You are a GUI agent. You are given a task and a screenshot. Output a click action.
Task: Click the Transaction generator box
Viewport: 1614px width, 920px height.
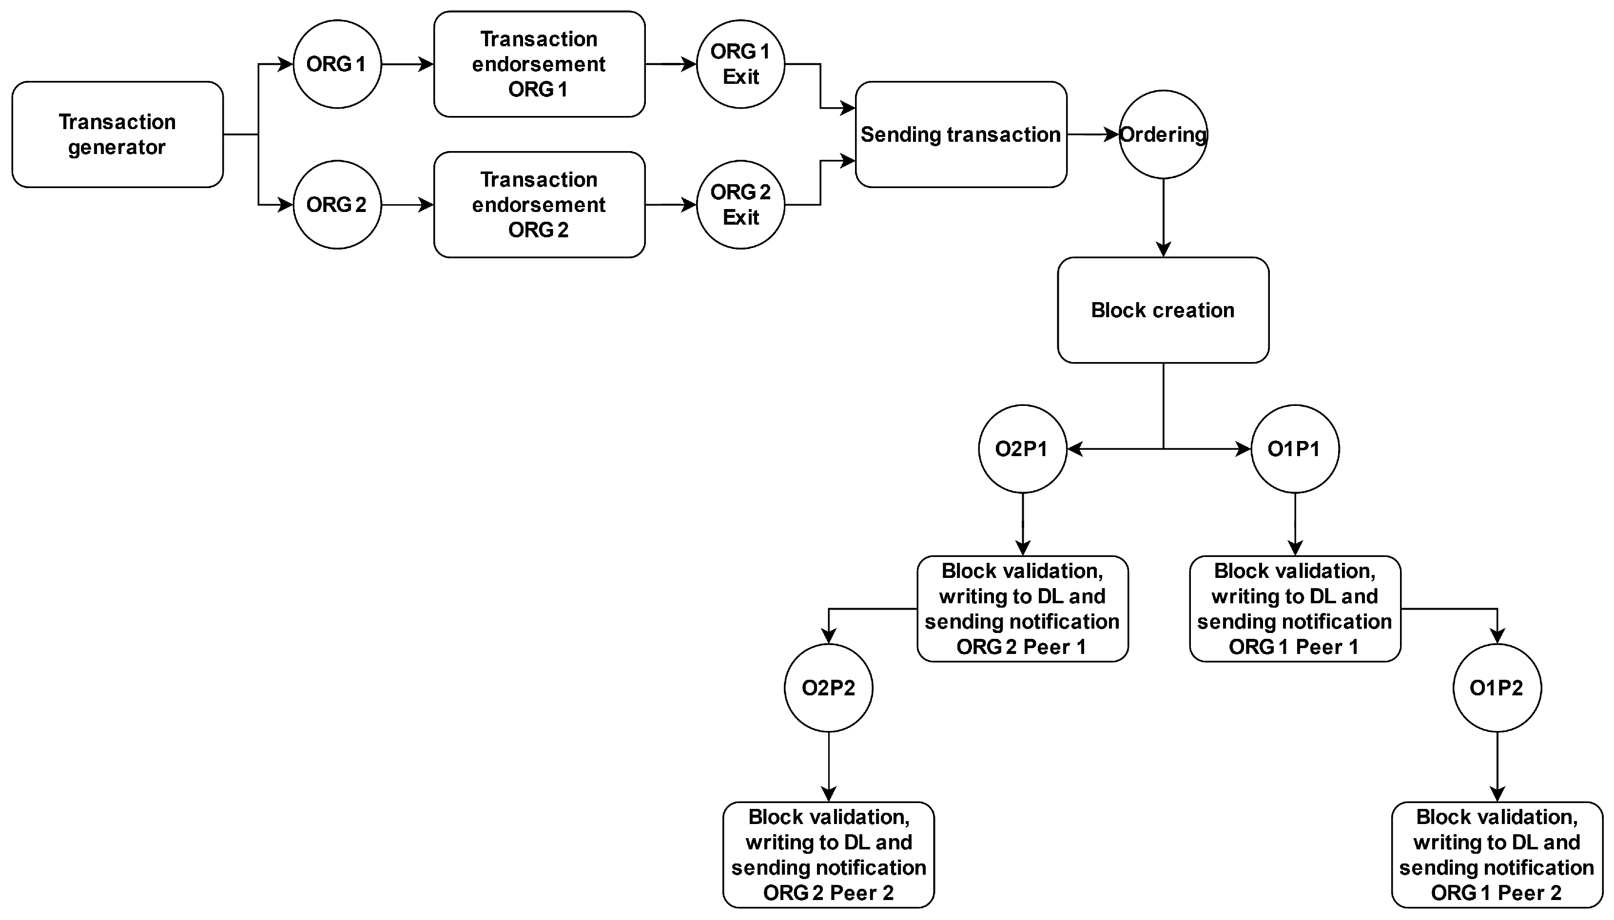coord(117,134)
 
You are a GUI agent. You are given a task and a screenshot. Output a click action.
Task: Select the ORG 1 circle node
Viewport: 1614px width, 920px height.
coord(337,64)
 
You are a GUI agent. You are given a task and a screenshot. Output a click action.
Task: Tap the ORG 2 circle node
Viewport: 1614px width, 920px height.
coord(337,204)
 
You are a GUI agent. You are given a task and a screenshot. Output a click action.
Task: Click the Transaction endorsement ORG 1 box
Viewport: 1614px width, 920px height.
coord(539,64)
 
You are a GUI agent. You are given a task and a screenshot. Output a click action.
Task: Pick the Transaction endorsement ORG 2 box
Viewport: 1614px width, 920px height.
coord(539,204)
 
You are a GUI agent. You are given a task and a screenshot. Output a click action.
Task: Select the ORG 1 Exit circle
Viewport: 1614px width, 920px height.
coord(740,64)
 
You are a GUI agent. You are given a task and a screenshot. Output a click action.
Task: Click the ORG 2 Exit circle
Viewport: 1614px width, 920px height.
coord(740,204)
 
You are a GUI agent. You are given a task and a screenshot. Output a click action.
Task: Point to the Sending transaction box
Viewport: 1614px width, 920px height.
coord(961,134)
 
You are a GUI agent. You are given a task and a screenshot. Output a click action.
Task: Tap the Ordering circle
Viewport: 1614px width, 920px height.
coord(1163,134)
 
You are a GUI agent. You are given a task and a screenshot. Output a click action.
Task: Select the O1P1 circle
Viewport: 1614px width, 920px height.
coord(1295,449)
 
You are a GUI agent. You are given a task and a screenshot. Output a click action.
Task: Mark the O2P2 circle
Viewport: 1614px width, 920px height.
coord(829,688)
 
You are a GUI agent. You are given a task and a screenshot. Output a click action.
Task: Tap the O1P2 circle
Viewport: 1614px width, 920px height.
coord(1497,688)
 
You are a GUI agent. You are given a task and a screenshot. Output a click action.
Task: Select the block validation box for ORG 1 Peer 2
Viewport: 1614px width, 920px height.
coord(1497,854)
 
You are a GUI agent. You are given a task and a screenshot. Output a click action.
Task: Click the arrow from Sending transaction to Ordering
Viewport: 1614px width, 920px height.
coord(1092,134)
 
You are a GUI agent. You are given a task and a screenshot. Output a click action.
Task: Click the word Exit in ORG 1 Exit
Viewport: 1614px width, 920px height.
coord(740,77)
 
